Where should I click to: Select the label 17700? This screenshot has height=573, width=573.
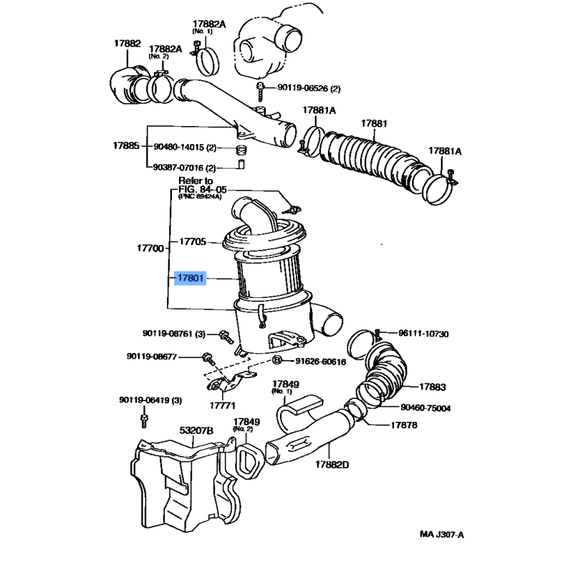[150, 248]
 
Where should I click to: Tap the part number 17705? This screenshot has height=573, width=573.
[193, 242]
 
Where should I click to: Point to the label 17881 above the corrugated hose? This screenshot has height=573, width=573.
[374, 123]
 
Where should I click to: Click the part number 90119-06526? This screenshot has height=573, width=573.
[300, 88]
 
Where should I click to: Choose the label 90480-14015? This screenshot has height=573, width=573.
[180, 148]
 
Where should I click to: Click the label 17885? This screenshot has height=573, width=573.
[126, 145]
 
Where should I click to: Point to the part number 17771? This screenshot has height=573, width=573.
[223, 405]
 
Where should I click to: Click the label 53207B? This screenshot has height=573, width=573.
[196, 430]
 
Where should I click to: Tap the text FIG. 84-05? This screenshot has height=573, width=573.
[198, 190]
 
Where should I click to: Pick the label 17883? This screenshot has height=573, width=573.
[432, 387]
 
